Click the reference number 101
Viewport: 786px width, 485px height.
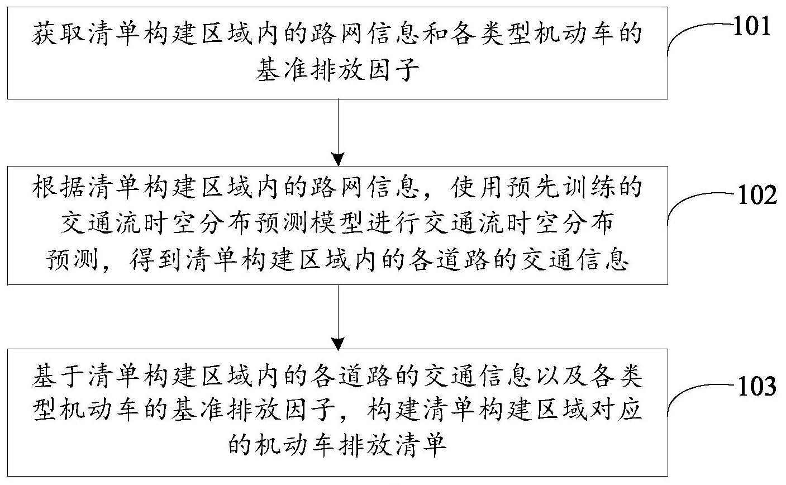[x=751, y=27]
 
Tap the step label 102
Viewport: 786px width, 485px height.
[x=757, y=196]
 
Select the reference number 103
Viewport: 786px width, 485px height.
[x=757, y=387]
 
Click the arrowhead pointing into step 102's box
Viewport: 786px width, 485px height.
[x=339, y=160]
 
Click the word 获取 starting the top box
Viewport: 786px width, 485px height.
[x=58, y=34]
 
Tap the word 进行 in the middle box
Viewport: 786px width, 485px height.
[x=393, y=224]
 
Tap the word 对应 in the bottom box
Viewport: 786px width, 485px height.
[x=617, y=410]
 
